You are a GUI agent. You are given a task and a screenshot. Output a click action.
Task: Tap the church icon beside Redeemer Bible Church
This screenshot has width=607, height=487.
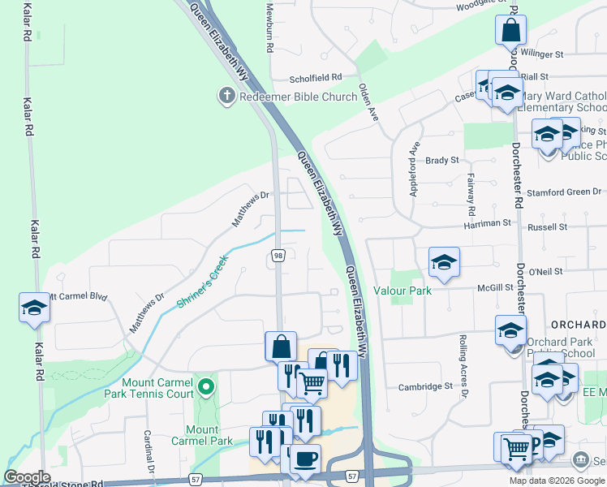coord(226,97)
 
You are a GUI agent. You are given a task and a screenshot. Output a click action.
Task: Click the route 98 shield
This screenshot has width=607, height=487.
coord(278,256)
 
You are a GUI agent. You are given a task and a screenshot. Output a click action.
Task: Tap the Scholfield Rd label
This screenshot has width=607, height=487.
coord(316,78)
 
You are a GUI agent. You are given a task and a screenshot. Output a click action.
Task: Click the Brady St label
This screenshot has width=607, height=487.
coord(443,161)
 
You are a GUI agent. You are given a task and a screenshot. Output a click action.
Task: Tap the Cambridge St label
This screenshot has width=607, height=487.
coord(424,387)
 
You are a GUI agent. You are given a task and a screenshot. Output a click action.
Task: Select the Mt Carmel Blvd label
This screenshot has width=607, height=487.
coord(79,297)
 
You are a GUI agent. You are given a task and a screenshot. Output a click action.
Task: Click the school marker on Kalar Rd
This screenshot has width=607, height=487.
coord(34,308)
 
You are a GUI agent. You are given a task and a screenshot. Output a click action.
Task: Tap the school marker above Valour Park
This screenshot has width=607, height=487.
coord(444,263)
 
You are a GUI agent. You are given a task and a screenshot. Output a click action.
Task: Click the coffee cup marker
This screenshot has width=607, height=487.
coord(305,459)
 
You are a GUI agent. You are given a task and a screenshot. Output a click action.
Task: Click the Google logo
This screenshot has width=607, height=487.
coord(28,477)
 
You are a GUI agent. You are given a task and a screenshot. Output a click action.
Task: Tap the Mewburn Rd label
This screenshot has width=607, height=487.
coord(270,27)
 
